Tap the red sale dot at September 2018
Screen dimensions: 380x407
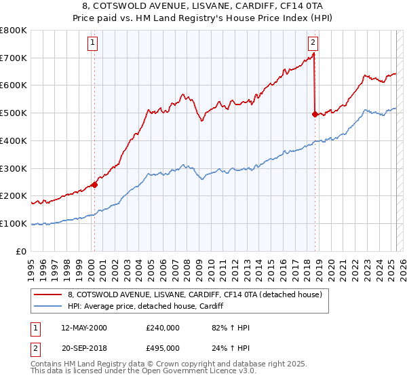tap(315, 114)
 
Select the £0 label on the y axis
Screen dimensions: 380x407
tap(22, 251)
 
